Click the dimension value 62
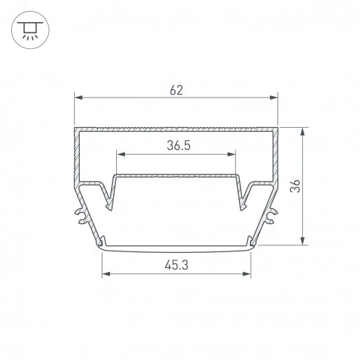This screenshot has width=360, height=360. [177, 90]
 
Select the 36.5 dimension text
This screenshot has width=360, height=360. [179, 146]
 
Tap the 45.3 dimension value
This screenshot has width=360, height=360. [177, 265]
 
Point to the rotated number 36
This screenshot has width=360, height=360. [295, 186]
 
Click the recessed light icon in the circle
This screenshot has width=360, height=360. [30, 30]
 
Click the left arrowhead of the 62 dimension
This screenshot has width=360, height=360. [78, 98]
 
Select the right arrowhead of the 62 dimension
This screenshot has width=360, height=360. [273, 98]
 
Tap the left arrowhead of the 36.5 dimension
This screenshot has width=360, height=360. [121, 155]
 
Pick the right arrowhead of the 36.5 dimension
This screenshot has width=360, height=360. [232, 155]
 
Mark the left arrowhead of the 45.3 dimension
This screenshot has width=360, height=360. [106, 274]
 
